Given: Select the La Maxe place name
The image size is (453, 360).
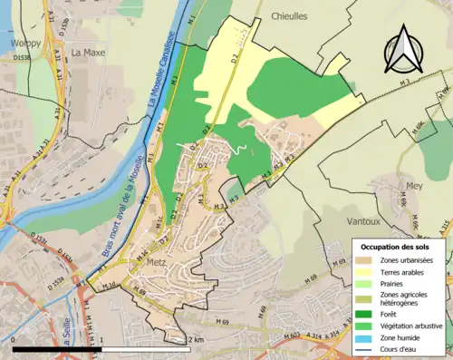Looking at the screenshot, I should tap(89, 53).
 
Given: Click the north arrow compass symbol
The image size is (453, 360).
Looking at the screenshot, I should tap(400, 51).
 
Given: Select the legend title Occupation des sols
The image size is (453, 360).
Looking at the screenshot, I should tap(397, 246).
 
